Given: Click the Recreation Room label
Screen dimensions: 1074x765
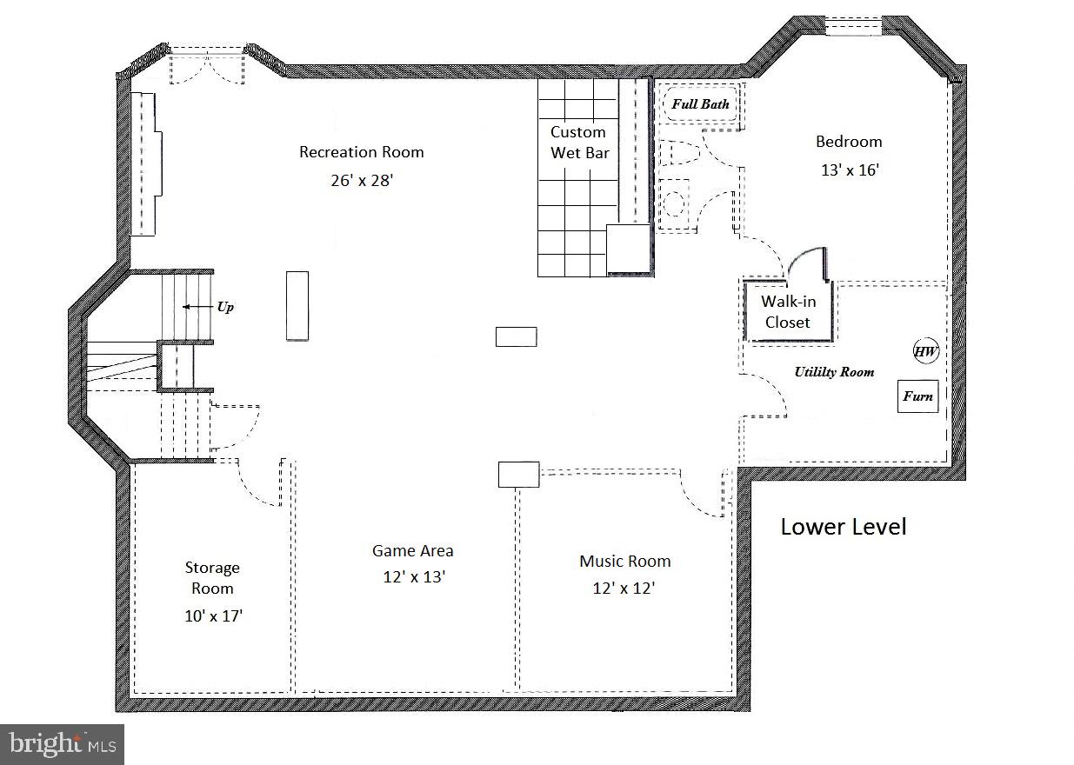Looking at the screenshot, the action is pyautogui.click(x=362, y=152).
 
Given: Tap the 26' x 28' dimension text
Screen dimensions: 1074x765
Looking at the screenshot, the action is pyautogui.click(x=362, y=180).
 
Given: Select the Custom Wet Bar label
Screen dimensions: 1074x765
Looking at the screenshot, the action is pyautogui.click(x=579, y=143).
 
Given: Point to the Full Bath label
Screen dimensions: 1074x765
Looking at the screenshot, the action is pyautogui.click(x=700, y=104).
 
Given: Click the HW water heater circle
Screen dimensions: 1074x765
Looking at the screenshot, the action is pyautogui.click(x=925, y=351).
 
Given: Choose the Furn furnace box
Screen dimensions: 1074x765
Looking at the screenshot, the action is pyautogui.click(x=917, y=396).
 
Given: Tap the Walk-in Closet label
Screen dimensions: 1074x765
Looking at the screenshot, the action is pyautogui.click(x=788, y=311).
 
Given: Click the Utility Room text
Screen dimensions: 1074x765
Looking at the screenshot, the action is pyautogui.click(x=834, y=372).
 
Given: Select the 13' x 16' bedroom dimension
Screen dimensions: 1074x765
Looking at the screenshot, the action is pyautogui.click(x=850, y=170).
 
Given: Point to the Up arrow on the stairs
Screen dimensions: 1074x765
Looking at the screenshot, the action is pyautogui.click(x=198, y=307).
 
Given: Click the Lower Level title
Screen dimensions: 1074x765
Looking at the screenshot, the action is pyautogui.click(x=844, y=527).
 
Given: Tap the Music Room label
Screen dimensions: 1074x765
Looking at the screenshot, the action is pyautogui.click(x=624, y=561).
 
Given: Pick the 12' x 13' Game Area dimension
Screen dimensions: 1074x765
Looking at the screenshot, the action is pyautogui.click(x=414, y=576).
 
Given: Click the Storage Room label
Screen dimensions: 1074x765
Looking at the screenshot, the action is pyautogui.click(x=212, y=577).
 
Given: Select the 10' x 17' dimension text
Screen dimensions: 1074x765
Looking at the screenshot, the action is pyautogui.click(x=213, y=616).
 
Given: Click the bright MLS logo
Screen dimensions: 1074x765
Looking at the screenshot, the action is pyautogui.click(x=63, y=744).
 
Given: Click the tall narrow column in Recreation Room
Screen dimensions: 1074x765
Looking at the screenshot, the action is pyautogui.click(x=297, y=306).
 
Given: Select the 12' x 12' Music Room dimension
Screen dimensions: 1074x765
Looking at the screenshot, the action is pyautogui.click(x=624, y=589).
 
